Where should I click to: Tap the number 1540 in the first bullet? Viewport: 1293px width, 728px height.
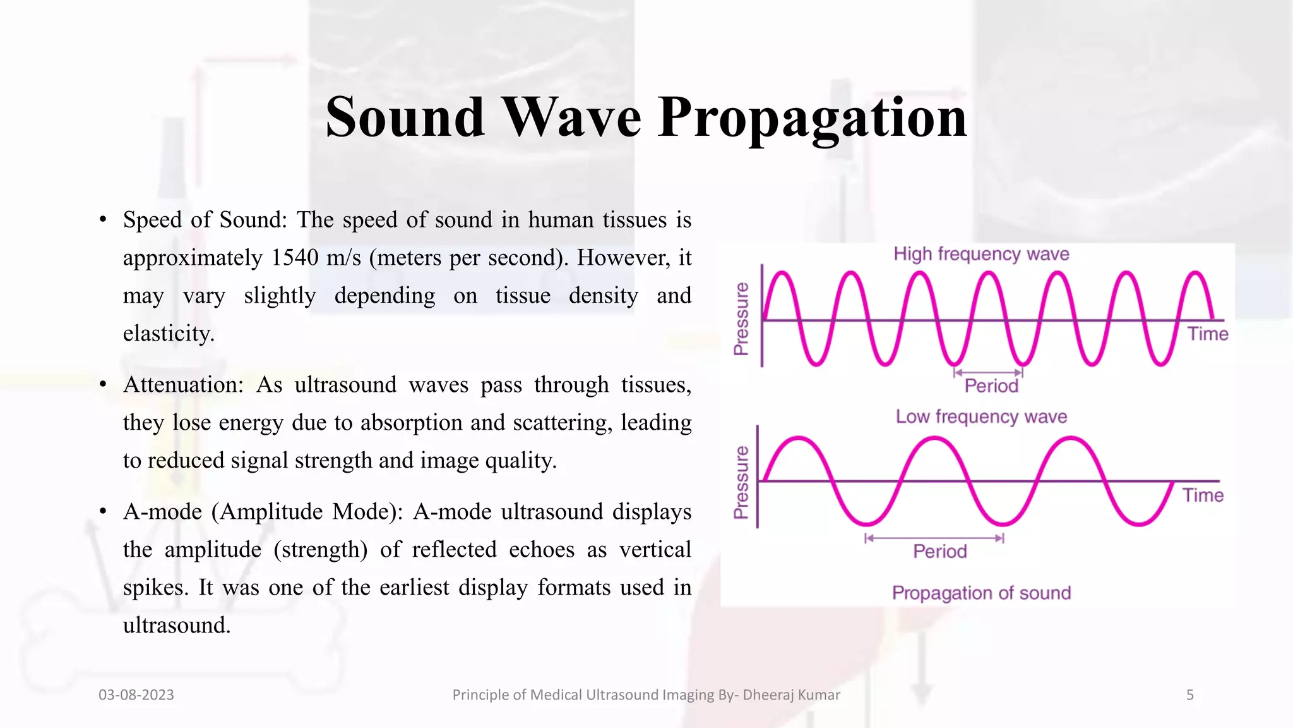295,258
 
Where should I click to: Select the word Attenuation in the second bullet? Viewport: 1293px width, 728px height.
183,385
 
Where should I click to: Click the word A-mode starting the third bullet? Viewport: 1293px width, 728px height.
162,512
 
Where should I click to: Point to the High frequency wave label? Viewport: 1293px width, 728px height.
981,254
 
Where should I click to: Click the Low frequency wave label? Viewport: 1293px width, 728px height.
981,417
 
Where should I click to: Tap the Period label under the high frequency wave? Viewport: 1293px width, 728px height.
991,386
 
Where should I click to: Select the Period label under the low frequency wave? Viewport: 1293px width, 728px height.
940,552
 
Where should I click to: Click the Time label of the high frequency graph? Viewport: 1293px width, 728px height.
1207,334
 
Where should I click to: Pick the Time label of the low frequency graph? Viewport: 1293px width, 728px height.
1203,495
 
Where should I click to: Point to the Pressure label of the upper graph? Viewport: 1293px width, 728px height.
741,318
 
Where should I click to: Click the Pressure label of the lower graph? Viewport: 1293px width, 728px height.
741,482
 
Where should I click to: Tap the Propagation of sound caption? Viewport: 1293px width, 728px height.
981,593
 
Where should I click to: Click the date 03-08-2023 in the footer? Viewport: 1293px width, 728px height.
136,695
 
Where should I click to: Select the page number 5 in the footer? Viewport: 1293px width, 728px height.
1189,695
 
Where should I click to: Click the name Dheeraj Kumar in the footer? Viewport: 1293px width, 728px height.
791,695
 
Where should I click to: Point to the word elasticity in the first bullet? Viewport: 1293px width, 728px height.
169,334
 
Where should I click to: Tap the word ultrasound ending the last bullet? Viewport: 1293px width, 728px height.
176,626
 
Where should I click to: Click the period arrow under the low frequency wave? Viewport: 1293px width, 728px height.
934,538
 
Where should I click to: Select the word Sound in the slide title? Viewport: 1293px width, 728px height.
405,118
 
